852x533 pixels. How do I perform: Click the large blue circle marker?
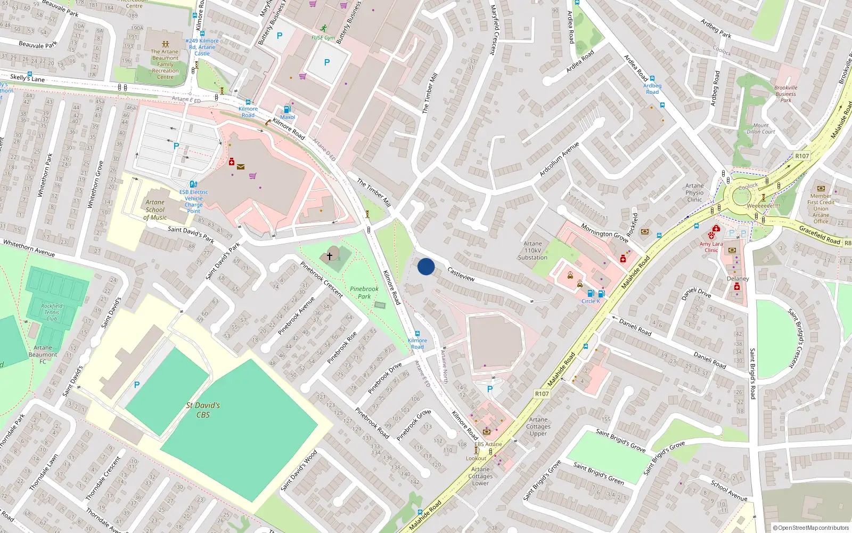(426, 266)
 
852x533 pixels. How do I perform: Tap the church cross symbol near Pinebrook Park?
(330, 256)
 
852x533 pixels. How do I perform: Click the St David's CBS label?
(203, 410)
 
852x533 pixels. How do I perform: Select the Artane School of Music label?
(155, 210)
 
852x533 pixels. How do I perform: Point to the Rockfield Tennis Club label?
(52, 312)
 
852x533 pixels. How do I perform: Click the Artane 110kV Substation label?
(532, 251)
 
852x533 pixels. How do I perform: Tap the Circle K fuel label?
(591, 301)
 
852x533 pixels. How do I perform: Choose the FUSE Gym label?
(323, 38)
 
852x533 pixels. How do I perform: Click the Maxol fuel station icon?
(288, 109)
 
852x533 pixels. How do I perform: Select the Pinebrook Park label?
(364, 293)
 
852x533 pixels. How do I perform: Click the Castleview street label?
(461, 274)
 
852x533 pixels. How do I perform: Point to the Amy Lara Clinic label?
(711, 247)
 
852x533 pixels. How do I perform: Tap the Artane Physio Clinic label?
(694, 192)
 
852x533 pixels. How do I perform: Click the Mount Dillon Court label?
(761, 128)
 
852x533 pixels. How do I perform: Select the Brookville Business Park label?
(786, 94)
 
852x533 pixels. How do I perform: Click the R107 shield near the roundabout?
(802, 156)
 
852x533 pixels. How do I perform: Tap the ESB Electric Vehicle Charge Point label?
(194, 201)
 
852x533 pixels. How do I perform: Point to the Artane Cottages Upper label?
(538, 426)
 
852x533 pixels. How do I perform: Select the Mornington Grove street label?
(604, 233)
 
